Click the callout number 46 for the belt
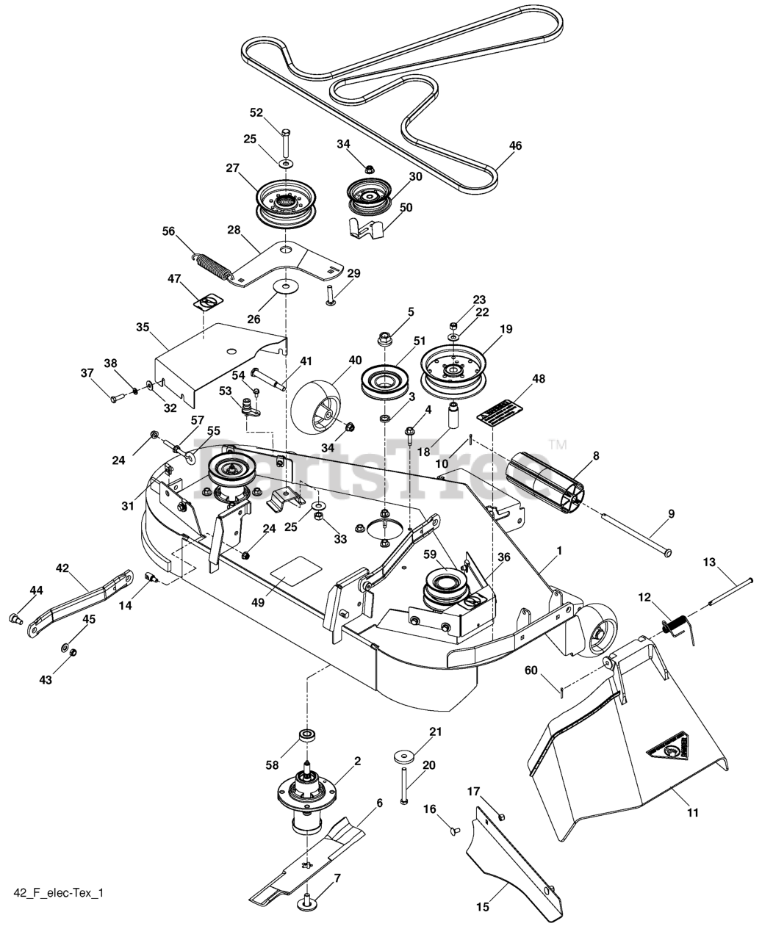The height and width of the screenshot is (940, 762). (515, 145)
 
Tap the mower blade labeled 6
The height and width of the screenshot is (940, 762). (309, 859)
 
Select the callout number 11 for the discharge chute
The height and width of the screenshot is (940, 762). (693, 812)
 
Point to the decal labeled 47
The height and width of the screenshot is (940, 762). (210, 301)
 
